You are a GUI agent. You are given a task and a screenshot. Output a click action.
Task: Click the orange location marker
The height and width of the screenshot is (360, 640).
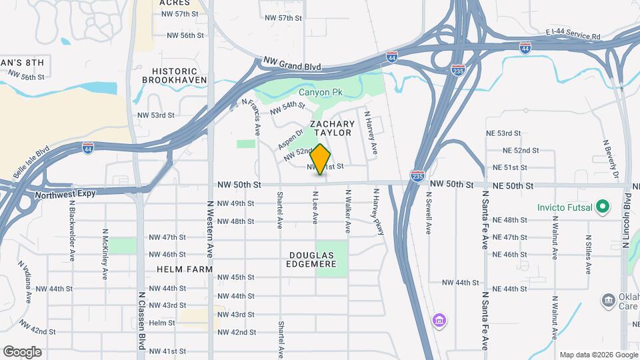pos(320,159)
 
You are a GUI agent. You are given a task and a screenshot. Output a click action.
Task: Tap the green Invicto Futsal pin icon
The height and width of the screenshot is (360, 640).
pos(603,207)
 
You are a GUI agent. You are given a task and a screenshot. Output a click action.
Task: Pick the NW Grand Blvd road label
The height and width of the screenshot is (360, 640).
pos(292,65)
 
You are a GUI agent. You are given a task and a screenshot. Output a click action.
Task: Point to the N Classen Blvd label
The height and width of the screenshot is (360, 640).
pos(142,320)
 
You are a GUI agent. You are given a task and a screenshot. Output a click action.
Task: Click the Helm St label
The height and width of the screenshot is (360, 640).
pos(162,323)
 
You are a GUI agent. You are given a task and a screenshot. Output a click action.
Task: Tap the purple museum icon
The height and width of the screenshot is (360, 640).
pos(439,321)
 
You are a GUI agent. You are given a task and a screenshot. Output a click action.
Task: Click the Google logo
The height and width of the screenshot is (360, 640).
pos(22,351)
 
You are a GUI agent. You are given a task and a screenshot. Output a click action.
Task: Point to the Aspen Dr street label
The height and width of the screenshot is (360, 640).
pos(291,139)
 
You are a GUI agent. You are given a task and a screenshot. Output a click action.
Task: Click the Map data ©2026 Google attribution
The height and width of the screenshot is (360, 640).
pos(597,355)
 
